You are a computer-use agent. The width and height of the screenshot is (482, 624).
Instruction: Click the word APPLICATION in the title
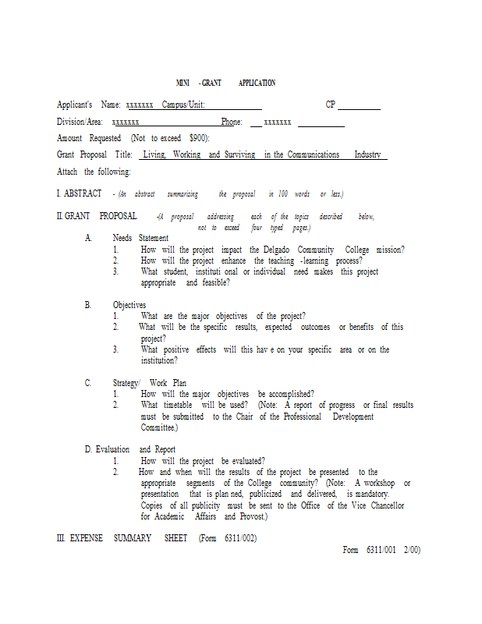tap(257, 83)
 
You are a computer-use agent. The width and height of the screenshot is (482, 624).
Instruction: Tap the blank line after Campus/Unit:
tap(233, 108)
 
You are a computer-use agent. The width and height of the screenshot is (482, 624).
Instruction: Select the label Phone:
tap(232, 122)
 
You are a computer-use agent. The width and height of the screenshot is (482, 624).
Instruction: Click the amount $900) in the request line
tap(199, 138)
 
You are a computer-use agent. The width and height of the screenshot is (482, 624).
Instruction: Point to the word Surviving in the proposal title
tap(239, 155)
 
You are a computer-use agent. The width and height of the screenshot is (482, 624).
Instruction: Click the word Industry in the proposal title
tap(367, 155)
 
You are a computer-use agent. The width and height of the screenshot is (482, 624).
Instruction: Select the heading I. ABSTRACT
tap(79, 193)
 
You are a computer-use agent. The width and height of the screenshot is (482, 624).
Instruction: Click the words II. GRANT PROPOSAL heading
tap(97, 216)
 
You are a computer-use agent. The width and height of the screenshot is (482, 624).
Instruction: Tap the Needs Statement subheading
tap(140, 238)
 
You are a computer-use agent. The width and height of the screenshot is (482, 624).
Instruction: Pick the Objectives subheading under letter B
tap(129, 305)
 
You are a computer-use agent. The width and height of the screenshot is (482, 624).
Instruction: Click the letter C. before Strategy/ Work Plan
tap(88, 383)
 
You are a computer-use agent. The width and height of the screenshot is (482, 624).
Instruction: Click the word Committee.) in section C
tap(159, 428)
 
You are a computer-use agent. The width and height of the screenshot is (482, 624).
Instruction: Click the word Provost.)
tap(254, 516)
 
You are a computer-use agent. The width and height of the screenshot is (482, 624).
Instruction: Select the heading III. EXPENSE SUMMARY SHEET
tap(156, 538)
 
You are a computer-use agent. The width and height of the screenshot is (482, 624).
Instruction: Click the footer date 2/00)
tap(412, 550)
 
